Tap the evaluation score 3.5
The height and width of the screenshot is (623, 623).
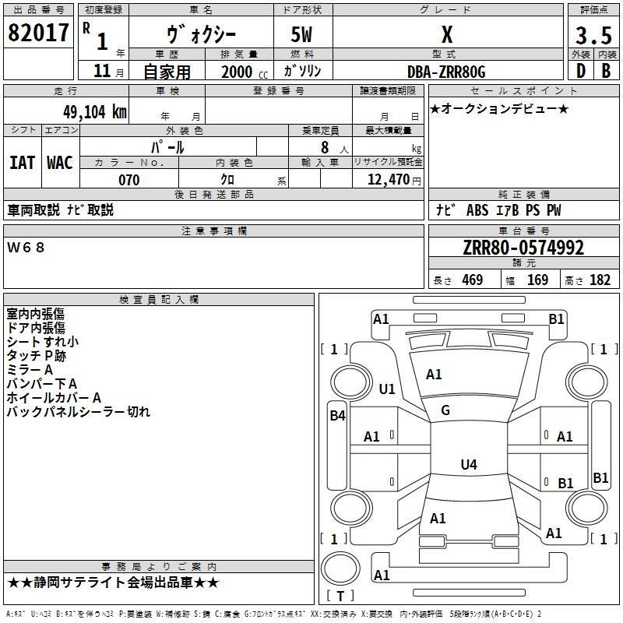pos(593,37)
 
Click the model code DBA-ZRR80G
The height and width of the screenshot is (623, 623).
pos(446,72)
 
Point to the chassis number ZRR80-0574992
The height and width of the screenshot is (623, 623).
pos(523,248)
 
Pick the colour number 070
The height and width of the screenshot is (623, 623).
pos(128,180)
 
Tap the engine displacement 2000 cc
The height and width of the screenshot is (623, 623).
pos(237,72)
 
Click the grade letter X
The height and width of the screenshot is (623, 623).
pos(446,35)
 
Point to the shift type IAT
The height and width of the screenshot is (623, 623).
pos(22,162)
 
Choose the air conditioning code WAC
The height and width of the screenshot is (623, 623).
pos(59,162)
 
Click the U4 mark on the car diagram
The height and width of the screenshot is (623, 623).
pos(468,465)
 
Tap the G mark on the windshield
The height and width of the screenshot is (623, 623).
pos(445,410)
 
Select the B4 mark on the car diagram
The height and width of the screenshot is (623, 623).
pos(337,416)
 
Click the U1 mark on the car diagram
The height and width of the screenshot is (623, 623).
pos(387,389)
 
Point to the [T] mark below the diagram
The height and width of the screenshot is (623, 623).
pos(340,597)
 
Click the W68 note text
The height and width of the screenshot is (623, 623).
pos(26,247)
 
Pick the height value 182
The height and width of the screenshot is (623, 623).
pos(600,280)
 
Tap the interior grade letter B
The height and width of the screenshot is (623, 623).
pos(606,72)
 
